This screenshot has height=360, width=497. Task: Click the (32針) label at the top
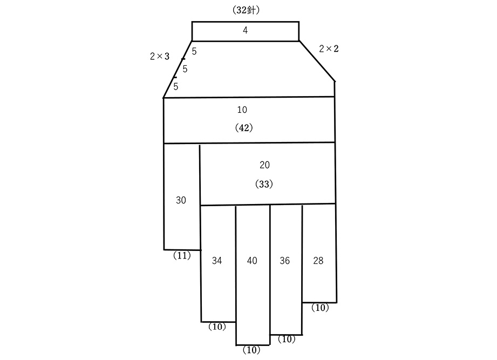point(246,10)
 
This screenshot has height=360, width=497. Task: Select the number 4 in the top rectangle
point(245,30)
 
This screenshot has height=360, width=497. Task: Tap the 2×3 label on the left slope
point(160,57)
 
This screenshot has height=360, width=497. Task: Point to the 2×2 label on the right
point(329,49)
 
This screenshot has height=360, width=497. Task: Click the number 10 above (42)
point(242,110)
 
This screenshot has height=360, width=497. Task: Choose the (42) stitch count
point(244,128)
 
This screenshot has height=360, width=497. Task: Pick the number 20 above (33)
point(264,165)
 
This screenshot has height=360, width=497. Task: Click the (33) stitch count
point(264,184)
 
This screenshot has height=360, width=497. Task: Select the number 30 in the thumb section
point(181,200)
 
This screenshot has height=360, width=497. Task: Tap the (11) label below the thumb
point(182,255)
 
